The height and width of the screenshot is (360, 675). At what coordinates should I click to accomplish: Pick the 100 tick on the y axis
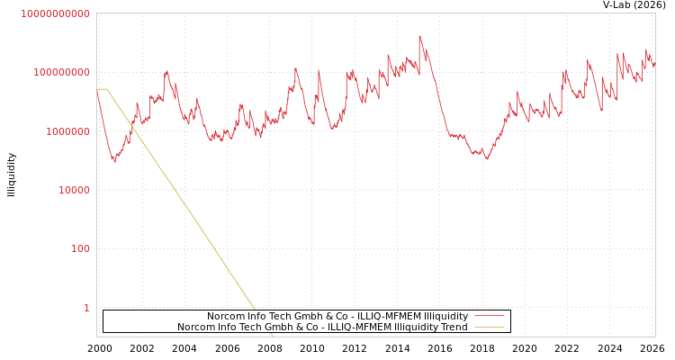click(x=79, y=248)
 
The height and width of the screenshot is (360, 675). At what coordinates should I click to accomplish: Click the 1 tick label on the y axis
click(x=86, y=308)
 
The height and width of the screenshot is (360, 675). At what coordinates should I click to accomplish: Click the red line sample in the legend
click(x=489, y=317)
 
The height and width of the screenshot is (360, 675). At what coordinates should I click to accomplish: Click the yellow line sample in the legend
click(x=489, y=328)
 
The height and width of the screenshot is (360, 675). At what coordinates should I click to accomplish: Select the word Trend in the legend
click(x=453, y=328)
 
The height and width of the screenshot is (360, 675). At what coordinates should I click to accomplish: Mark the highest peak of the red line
click(x=419, y=36)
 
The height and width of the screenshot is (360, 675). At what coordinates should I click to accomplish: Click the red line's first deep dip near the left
click(x=114, y=162)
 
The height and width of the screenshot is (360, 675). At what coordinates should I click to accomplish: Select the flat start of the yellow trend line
click(x=102, y=89)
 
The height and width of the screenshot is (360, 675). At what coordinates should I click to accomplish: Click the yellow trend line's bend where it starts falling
click(x=108, y=89)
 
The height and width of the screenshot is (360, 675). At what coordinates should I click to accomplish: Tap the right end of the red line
click(x=654, y=66)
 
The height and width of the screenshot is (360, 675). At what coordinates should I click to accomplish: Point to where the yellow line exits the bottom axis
click(x=274, y=336)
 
